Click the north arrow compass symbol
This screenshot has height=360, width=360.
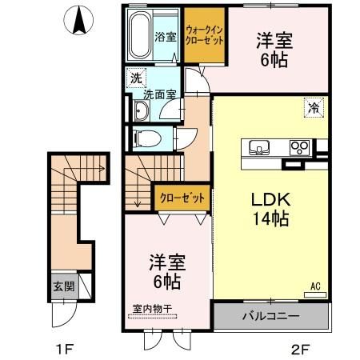coord(79,19)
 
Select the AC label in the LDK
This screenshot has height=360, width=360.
coord(315,284)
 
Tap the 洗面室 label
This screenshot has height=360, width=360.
coord(159,95)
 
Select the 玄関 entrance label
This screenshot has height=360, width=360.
coord(61,286)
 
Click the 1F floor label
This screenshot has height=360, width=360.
coord(64,349)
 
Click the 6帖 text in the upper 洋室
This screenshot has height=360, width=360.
coord(275,59)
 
